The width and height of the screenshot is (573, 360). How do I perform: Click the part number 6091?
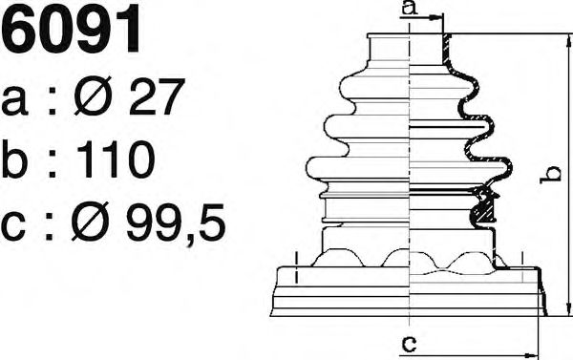point(71,28)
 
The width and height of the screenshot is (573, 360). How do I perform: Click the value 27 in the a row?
point(156,96)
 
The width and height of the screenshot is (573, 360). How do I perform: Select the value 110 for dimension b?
point(117,159)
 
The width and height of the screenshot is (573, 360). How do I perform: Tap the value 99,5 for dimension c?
point(176,222)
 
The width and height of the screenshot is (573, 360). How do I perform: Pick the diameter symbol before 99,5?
point(91,222)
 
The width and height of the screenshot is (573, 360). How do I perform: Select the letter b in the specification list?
point(14,159)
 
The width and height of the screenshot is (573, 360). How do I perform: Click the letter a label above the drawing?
point(410,8)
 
